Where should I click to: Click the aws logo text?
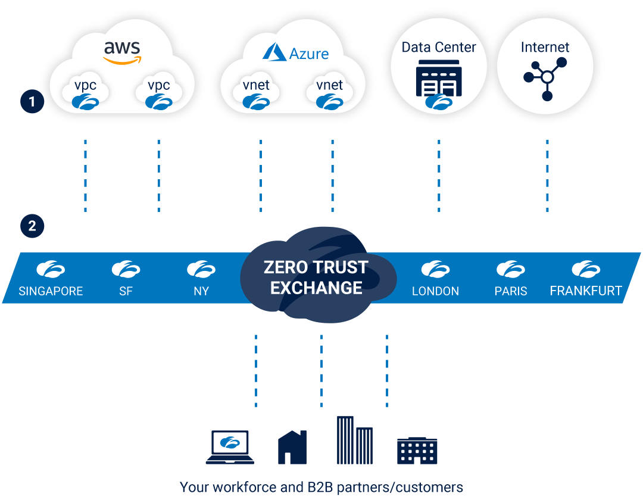point(122,49)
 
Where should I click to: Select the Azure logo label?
point(296,53)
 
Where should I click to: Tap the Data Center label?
point(439,48)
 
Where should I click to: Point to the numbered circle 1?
point(32,102)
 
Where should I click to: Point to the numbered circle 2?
point(32,226)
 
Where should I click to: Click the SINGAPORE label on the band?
point(51,291)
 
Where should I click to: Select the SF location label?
point(126,291)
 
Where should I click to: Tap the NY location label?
point(201,291)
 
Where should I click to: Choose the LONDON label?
point(435,291)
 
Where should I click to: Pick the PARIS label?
point(511,291)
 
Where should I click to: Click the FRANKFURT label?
point(586,291)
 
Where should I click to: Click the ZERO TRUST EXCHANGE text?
point(316,277)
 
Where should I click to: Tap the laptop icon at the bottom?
point(230,447)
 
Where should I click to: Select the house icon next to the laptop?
point(292,448)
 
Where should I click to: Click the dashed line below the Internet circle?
point(547,176)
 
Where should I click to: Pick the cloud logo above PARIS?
point(511,270)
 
